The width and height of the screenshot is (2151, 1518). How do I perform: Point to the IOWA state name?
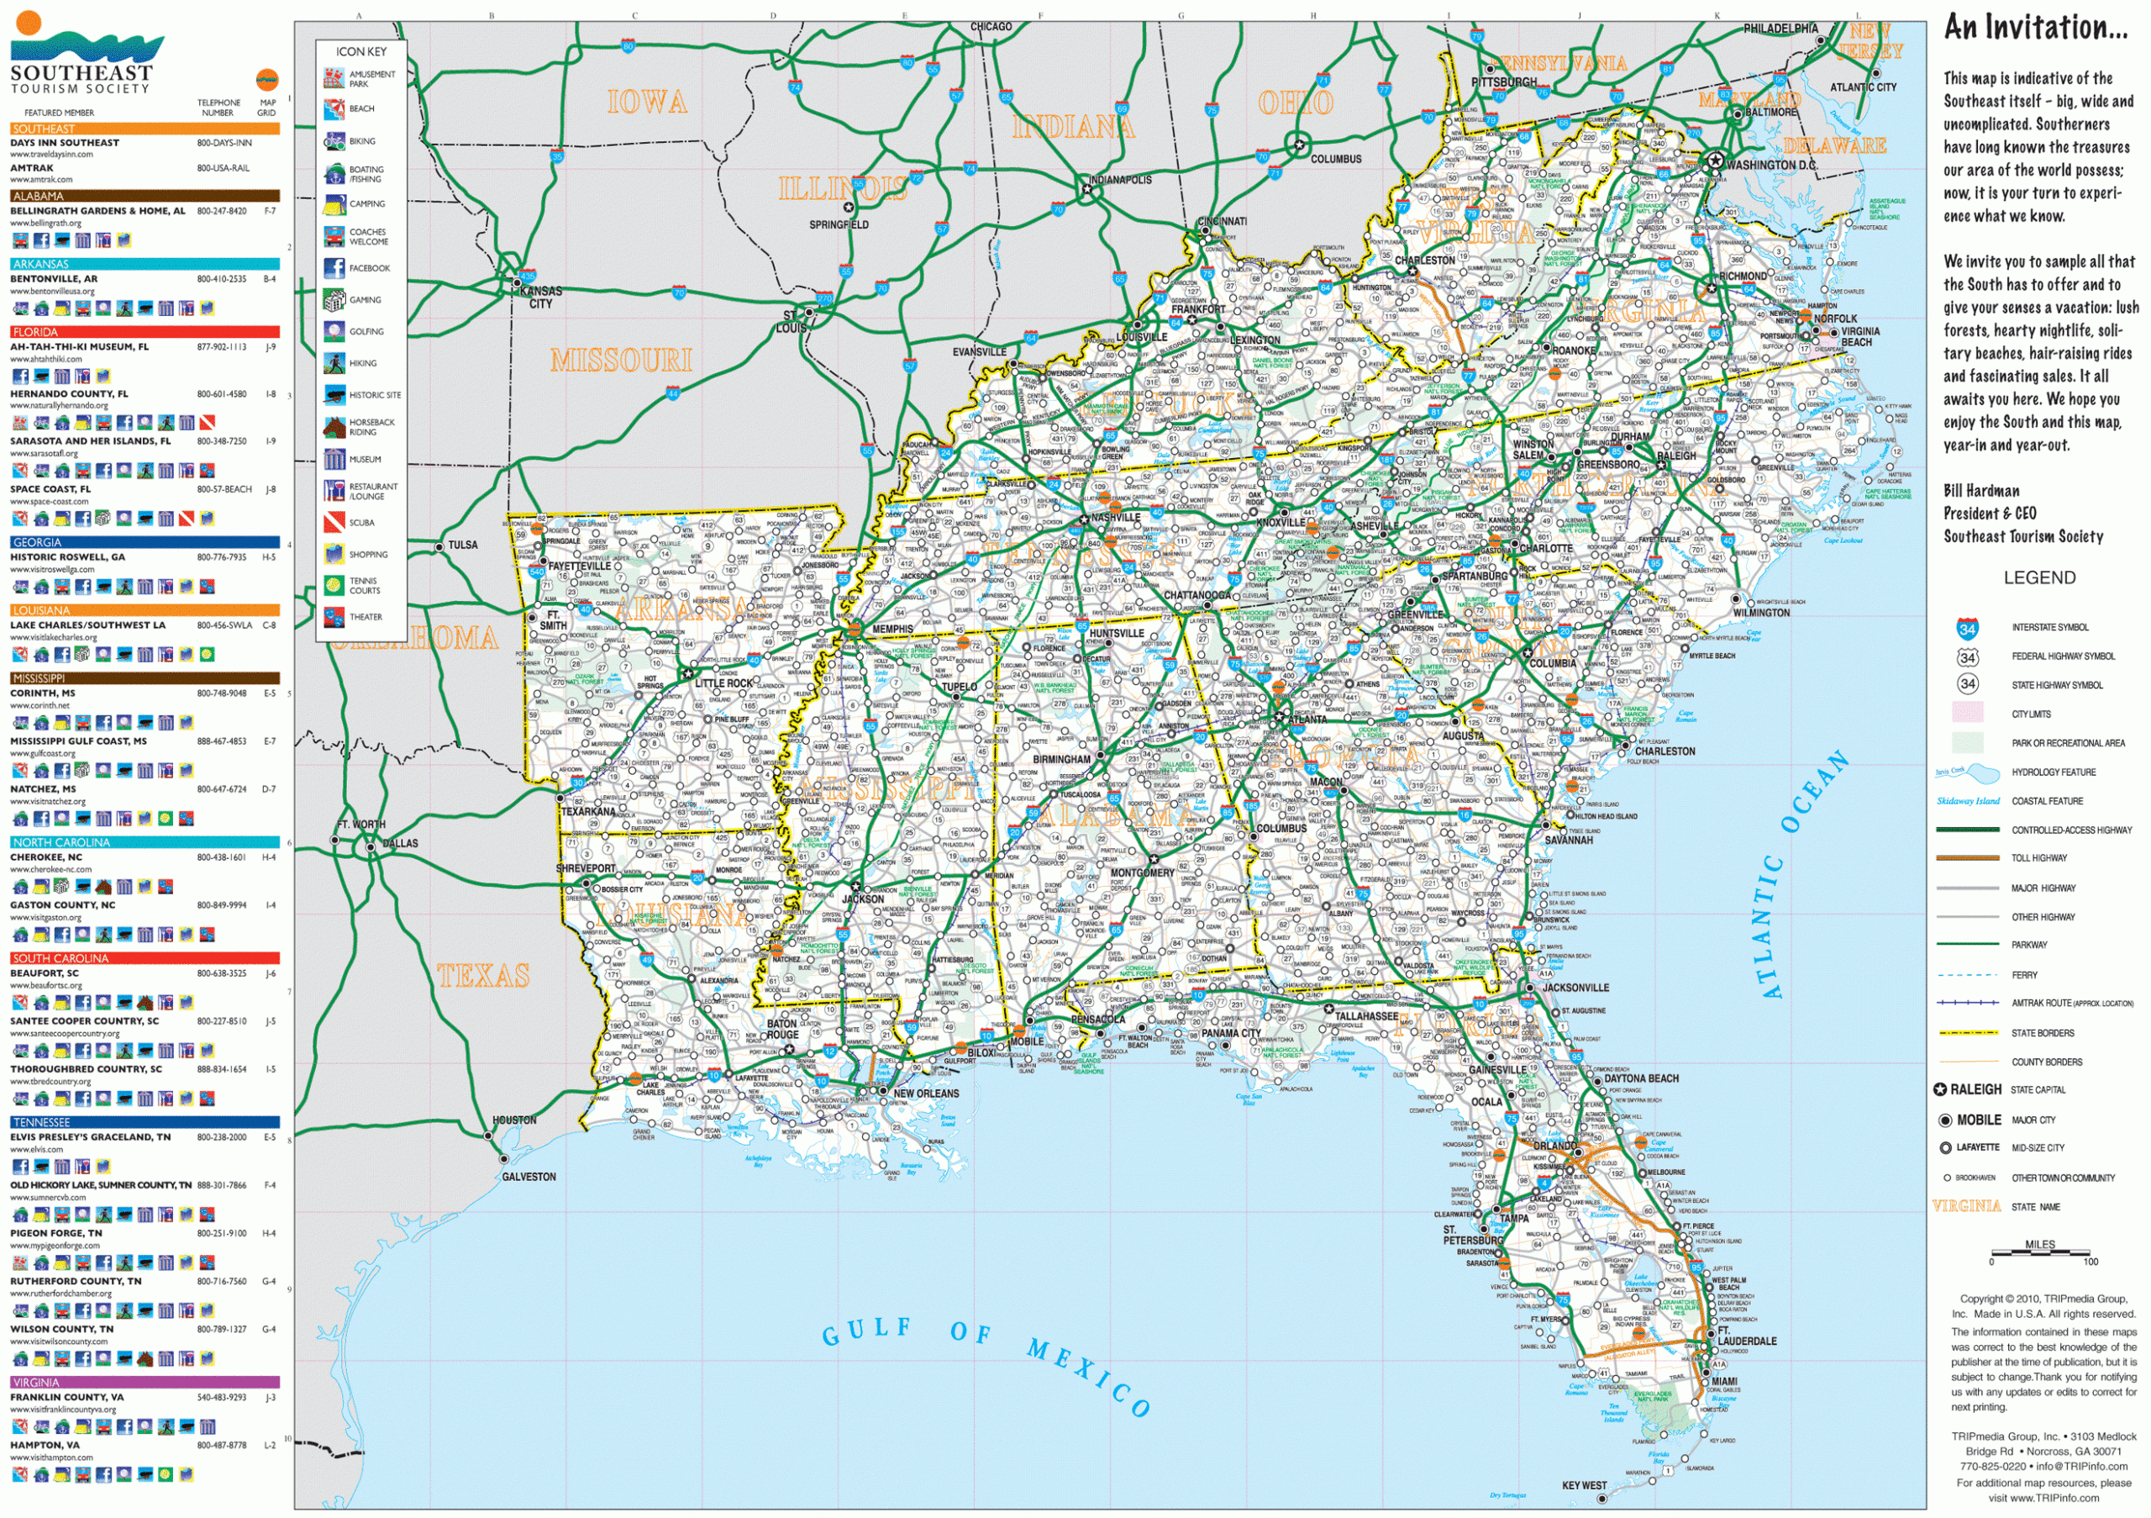(x=646, y=101)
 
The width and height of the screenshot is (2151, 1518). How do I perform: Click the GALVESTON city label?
(x=529, y=1176)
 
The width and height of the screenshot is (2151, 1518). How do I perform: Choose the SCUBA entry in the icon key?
(x=361, y=523)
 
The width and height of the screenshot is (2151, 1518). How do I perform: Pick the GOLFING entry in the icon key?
(x=366, y=332)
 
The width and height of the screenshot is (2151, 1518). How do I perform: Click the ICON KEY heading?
(x=360, y=51)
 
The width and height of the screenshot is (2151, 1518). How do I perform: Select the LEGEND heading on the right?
(x=2038, y=578)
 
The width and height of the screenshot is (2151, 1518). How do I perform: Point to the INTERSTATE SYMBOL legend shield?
(x=1967, y=629)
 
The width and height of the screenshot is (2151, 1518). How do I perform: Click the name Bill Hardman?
(x=1981, y=490)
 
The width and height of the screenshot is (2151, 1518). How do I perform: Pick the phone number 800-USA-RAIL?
(x=223, y=168)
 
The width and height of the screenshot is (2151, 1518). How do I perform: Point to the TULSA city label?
(x=462, y=545)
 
